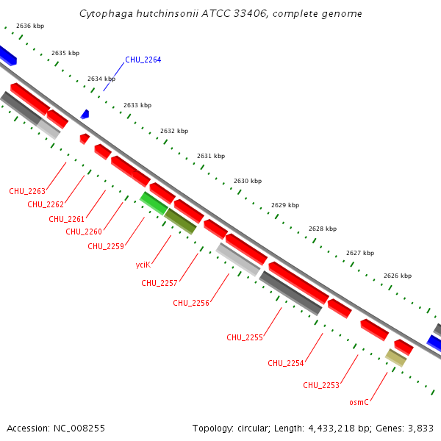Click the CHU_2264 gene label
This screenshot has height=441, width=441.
coord(143,60)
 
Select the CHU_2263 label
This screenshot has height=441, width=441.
coord(27,192)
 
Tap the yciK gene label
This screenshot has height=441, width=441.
coord(143,265)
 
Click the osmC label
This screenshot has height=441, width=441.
coord(359,402)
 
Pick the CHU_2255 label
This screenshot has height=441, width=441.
coord(245,338)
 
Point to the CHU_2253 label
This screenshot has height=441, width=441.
coord(321,386)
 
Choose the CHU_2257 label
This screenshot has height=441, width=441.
coord(159,283)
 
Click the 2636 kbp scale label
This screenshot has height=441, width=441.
coord(30,26)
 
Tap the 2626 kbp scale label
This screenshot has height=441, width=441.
coord(398,276)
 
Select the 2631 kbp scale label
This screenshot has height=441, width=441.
coord(211,156)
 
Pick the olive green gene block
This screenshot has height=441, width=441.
coord(180,220)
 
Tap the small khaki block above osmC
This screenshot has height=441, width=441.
coord(395,358)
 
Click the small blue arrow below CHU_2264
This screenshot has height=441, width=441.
coord(85,115)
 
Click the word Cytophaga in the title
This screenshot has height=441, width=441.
coord(104,14)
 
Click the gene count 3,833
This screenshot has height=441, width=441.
coord(421,428)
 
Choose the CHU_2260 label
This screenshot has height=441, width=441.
coord(84,232)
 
